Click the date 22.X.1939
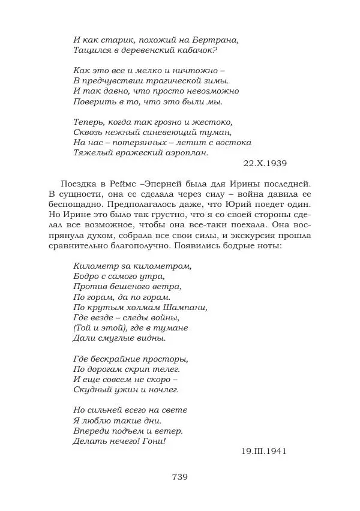click(266, 163)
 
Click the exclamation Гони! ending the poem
click(154, 440)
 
